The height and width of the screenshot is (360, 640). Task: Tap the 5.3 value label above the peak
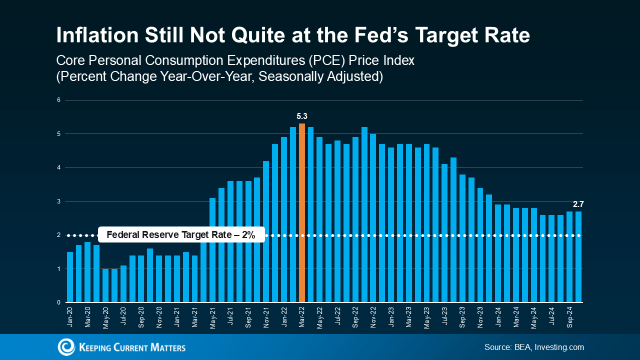(x=302, y=116)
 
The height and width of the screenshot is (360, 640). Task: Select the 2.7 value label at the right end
(x=578, y=204)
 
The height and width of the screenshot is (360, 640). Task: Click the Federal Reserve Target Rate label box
(x=181, y=235)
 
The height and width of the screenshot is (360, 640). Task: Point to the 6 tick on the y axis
(x=58, y=100)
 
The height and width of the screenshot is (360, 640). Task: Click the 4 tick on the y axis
(x=58, y=168)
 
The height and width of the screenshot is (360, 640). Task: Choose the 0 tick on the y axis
(x=58, y=302)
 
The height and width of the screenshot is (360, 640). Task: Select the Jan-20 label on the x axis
(x=70, y=317)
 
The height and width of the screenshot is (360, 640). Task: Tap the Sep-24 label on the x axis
(x=569, y=317)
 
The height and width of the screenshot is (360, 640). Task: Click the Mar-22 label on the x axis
(x=302, y=317)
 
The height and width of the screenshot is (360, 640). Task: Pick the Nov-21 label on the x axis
(x=266, y=317)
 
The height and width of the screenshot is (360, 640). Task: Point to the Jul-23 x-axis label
(x=444, y=317)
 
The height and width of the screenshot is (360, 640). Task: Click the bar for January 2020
(x=70, y=277)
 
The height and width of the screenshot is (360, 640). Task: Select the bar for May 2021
(x=212, y=250)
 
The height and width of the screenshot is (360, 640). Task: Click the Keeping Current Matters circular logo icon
(x=66, y=347)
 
